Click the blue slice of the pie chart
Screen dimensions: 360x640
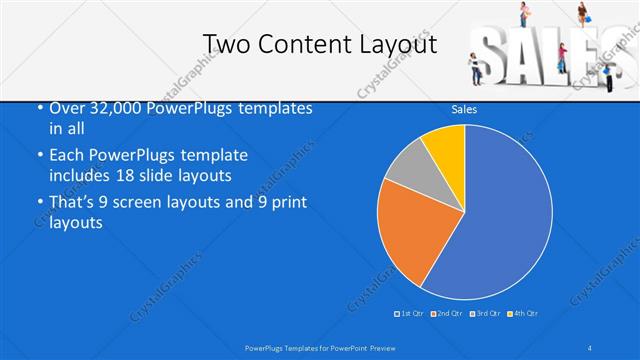tap(500, 220)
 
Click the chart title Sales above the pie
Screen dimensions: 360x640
tap(464, 108)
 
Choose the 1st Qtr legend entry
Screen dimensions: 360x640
tap(410, 314)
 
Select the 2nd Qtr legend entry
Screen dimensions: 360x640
tap(449, 314)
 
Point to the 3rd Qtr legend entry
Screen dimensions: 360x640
tap(487, 314)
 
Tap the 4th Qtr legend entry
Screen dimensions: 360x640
tap(525, 314)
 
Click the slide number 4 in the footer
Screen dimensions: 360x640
tap(591, 347)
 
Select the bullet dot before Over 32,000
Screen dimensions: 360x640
tap(40, 108)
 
